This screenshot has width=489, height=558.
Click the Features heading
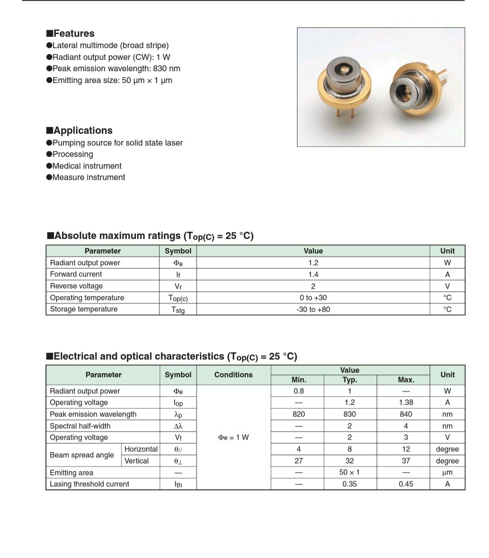pos(70,34)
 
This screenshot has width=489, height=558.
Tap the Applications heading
pos(79,131)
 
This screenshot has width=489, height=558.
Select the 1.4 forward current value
pos(313,275)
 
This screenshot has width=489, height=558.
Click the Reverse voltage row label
pos(76,286)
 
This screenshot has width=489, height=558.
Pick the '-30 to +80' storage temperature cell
pos(313,310)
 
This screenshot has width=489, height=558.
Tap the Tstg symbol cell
pos(178,310)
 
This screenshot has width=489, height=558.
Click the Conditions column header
pos(233,375)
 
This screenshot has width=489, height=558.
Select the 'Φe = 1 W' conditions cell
pos(233,437)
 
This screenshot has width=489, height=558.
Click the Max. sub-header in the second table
pos(406,380)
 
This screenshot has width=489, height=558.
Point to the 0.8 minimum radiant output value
pos(298,391)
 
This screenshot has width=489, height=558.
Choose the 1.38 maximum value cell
pos(406,403)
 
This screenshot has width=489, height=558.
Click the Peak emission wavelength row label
pos(93,414)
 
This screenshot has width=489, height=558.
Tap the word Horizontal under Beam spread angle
pos(141,449)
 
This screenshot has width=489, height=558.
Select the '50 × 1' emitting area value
pos(349,472)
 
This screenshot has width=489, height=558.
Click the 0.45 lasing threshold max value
pos(406,484)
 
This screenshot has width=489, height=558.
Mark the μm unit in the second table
pos(447,472)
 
